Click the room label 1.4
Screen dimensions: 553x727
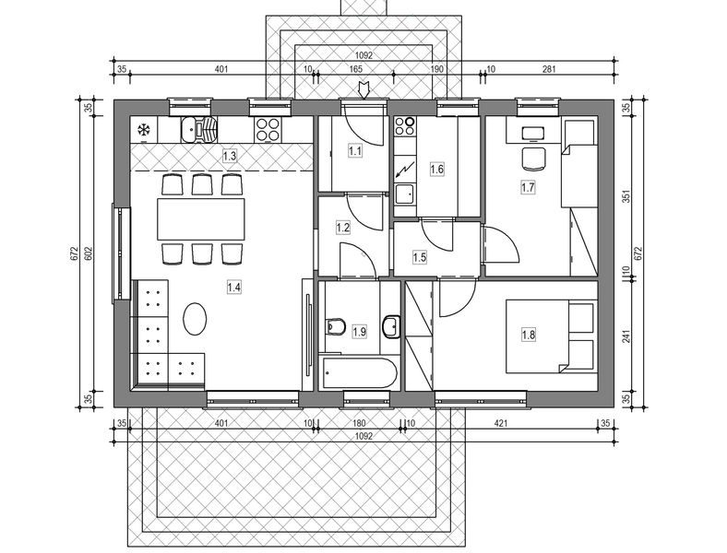tap(233, 287)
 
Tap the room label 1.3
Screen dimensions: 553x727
tap(230, 157)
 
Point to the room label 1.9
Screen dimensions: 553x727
tap(359, 332)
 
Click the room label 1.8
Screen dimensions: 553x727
tap(528, 335)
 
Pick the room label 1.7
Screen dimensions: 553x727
tap(529, 187)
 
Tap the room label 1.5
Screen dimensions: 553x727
tap(420, 258)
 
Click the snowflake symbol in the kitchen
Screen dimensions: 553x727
tap(144, 130)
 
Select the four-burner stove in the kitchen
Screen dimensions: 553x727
tap(268, 129)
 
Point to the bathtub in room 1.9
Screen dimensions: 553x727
tap(360, 374)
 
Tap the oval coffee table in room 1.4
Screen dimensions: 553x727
tap(196, 320)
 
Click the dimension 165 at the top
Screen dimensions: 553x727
tap(355, 69)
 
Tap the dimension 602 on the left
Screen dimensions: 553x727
tap(88, 253)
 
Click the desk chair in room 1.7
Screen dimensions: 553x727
tap(532, 159)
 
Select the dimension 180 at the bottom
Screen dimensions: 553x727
tap(360, 423)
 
